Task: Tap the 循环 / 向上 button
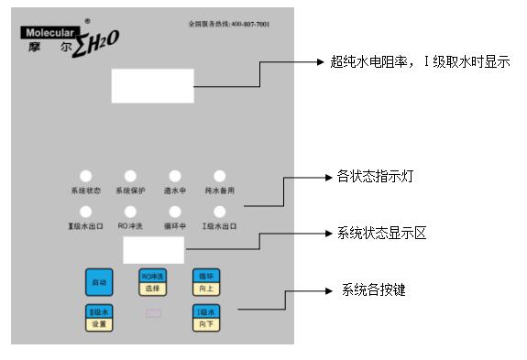point(203,281)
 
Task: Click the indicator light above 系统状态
point(85,176)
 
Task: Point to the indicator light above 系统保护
point(130,176)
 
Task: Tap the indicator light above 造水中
point(174,176)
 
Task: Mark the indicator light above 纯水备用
point(220,176)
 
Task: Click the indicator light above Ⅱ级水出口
point(85,212)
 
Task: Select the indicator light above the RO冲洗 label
point(130,212)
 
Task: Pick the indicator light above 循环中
point(174,212)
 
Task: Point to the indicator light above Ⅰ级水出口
point(220,212)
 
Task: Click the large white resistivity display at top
point(152,86)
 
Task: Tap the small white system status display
point(153,249)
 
